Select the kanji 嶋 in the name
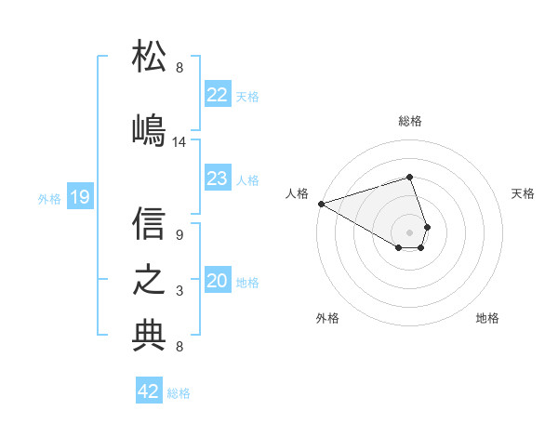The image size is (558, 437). (150, 129)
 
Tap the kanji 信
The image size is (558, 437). (150, 223)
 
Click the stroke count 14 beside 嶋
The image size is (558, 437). (179, 142)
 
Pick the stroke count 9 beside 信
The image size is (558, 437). (179, 235)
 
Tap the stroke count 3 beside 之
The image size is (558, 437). (179, 291)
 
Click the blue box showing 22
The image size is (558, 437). (217, 95)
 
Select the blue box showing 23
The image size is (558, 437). (217, 179)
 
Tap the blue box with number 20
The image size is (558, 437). (217, 281)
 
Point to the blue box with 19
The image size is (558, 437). (79, 197)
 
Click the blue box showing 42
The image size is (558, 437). (149, 391)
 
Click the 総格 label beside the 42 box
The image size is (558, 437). (179, 393)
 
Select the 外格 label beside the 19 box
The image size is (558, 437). (49, 198)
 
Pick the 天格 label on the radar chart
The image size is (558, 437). (523, 193)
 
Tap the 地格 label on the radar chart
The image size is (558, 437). (487, 318)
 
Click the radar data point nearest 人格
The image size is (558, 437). (321, 204)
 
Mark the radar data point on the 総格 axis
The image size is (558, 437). (409, 177)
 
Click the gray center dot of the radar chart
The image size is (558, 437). (409, 232)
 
